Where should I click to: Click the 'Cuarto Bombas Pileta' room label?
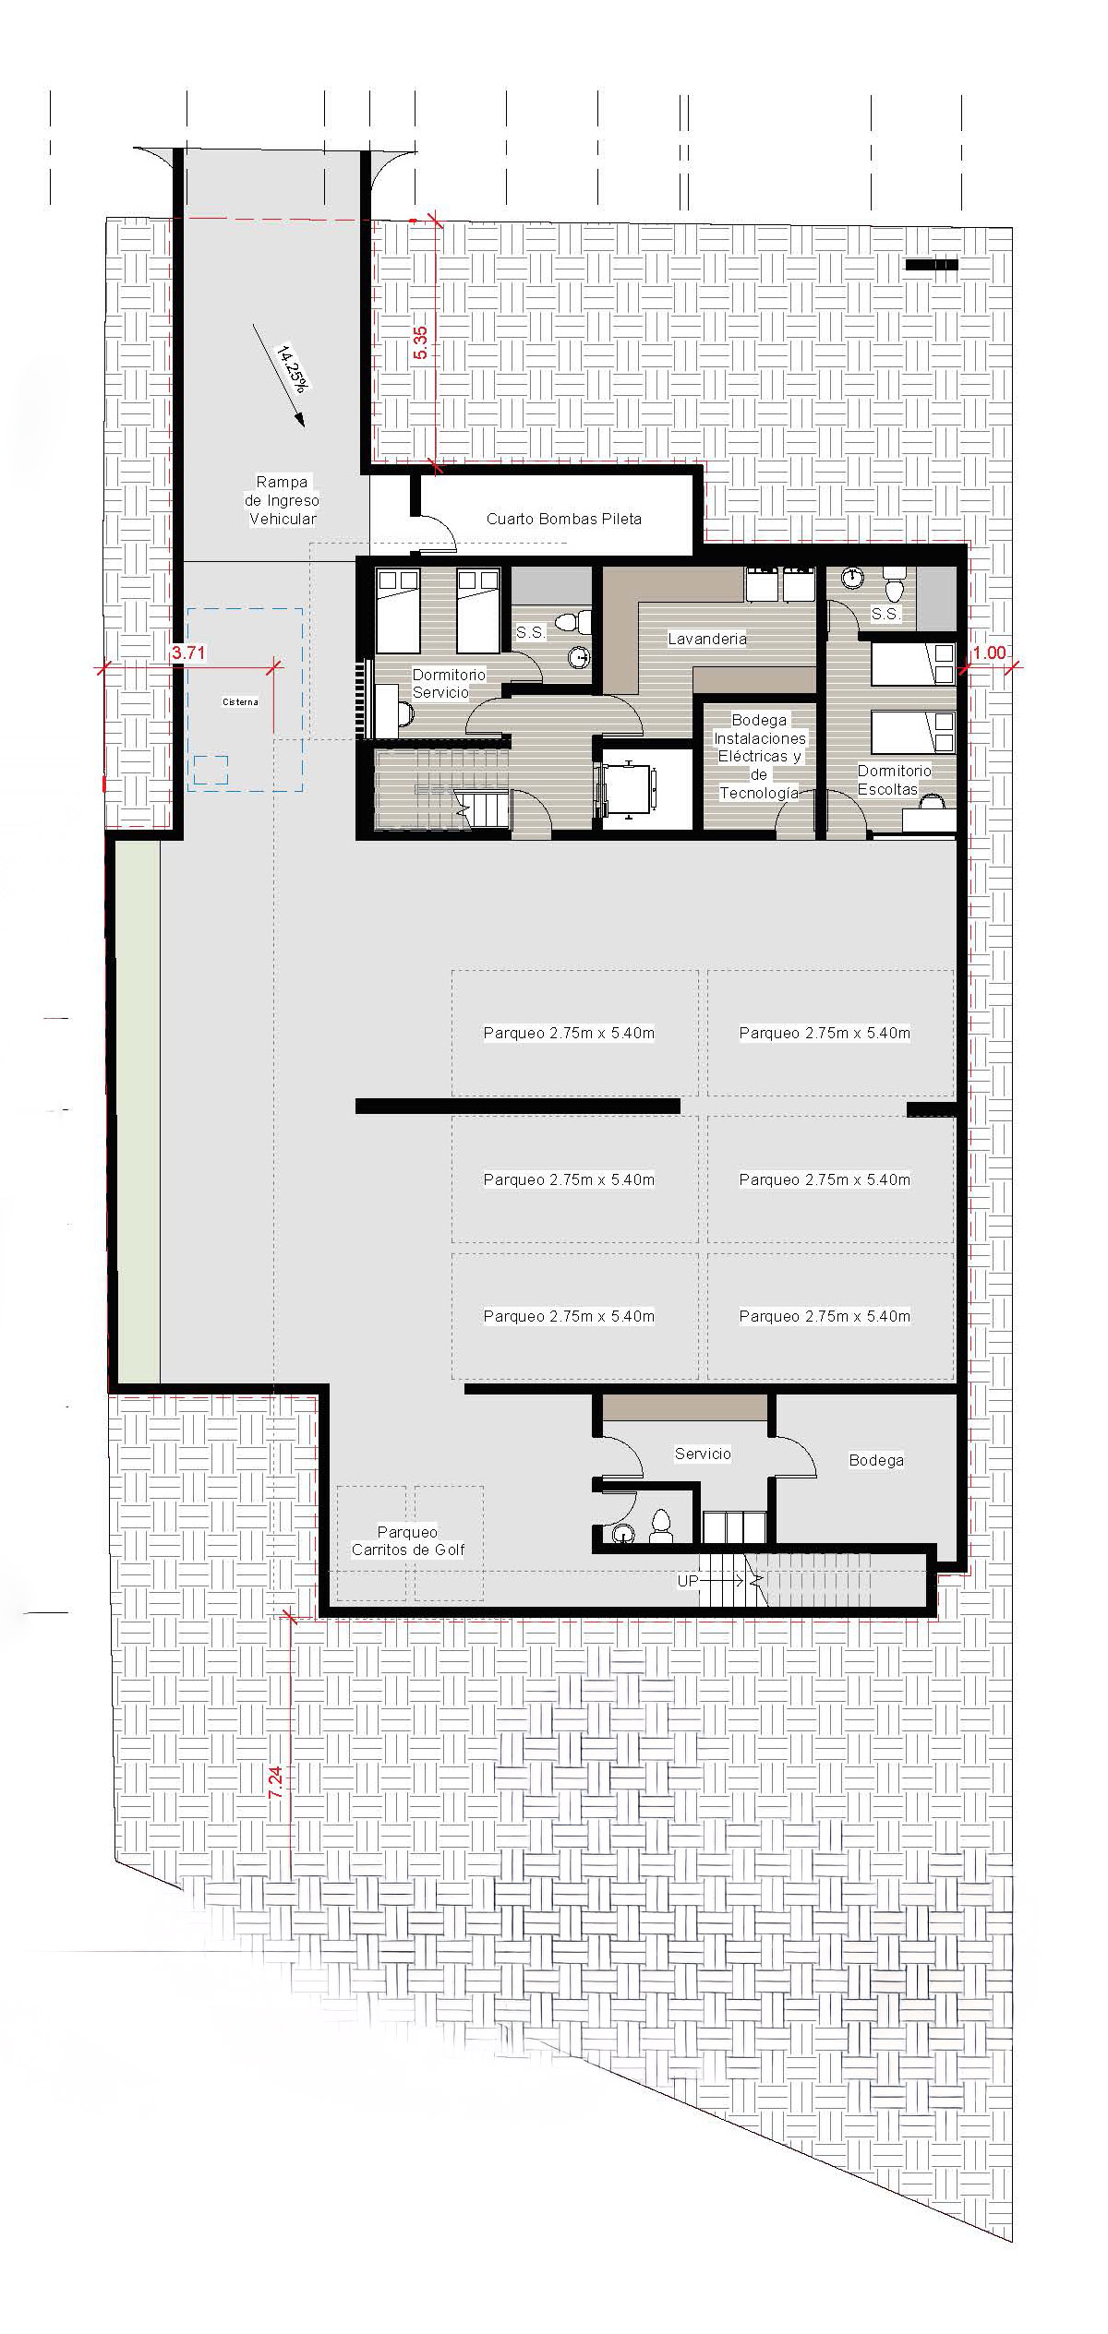click(x=563, y=519)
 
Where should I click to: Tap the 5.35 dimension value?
click(x=421, y=342)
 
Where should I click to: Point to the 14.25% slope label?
click(x=292, y=368)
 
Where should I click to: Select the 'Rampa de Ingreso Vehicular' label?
click(x=282, y=500)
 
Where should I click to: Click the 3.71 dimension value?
click(x=189, y=652)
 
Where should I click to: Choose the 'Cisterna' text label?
click(x=240, y=702)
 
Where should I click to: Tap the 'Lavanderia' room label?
click(x=707, y=639)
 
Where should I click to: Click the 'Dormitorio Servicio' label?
click(x=448, y=684)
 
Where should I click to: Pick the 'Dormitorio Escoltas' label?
click(x=894, y=780)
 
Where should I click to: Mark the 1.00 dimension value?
click(x=989, y=652)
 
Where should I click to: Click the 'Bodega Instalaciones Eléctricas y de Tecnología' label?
click(x=759, y=756)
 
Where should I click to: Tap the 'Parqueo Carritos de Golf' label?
click(x=408, y=1540)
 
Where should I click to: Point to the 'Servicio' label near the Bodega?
click(x=703, y=1454)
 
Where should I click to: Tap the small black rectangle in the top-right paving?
click(x=932, y=265)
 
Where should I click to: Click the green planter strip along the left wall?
click(x=138, y=1111)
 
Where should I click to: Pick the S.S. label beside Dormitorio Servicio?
click(x=530, y=633)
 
